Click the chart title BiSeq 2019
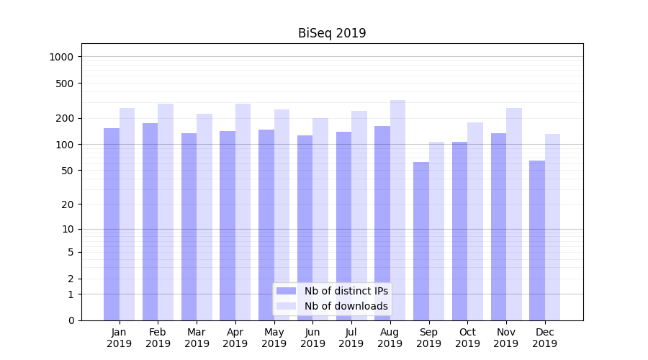click(x=332, y=33)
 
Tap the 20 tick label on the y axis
click(x=67, y=204)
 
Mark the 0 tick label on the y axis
click(x=71, y=320)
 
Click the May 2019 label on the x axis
click(x=274, y=338)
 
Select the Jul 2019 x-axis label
click(x=351, y=338)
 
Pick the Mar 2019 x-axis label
click(x=197, y=338)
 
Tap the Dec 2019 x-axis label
click(x=544, y=338)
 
